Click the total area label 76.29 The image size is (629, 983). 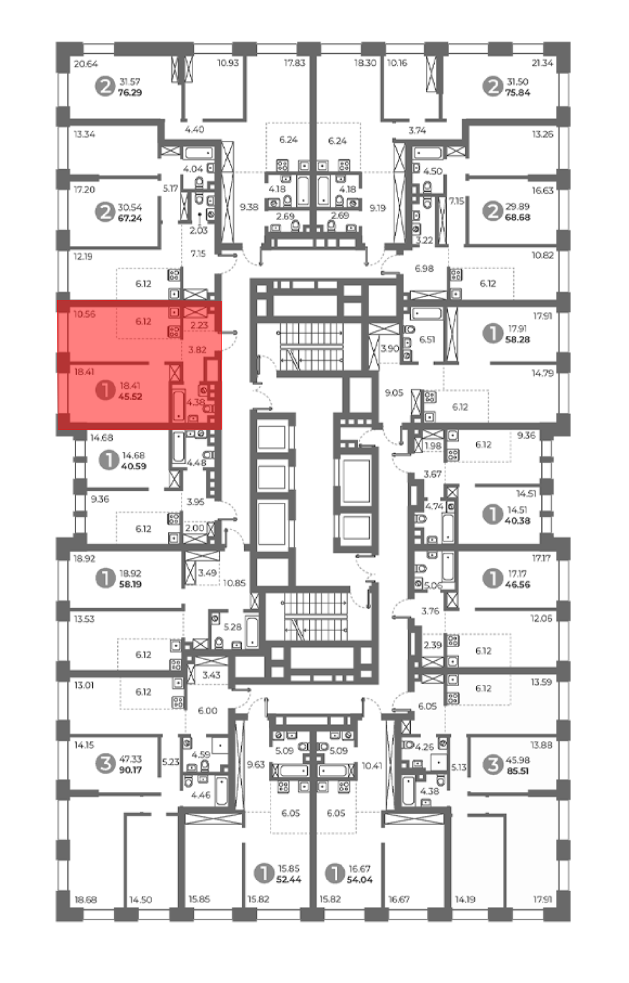point(130,93)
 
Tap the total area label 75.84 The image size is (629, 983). point(517,93)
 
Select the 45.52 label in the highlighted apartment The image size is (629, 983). point(130,397)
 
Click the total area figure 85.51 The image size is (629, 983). point(517,771)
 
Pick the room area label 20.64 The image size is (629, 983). point(86,64)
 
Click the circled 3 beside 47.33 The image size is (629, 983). point(105,764)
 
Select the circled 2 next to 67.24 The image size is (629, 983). point(105,212)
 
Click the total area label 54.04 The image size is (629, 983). point(359,880)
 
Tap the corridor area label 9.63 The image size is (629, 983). point(256,764)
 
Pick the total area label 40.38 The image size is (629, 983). point(517,521)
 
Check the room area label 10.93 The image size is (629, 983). point(228,63)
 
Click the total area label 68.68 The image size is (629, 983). point(517,217)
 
